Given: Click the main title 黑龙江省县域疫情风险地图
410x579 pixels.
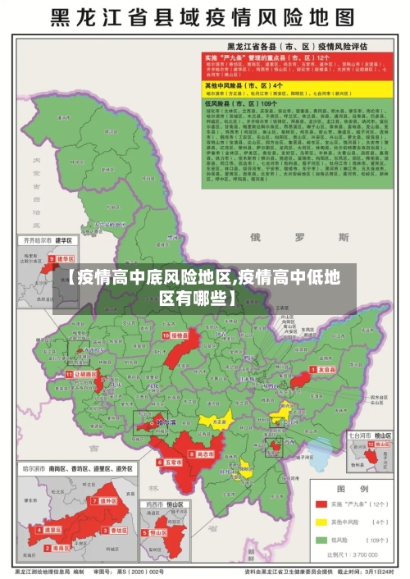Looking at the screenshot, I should [x=204, y=18].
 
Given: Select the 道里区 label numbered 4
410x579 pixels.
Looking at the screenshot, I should [x=51, y=530].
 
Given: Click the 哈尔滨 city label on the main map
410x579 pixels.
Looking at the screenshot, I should [x=164, y=424].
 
